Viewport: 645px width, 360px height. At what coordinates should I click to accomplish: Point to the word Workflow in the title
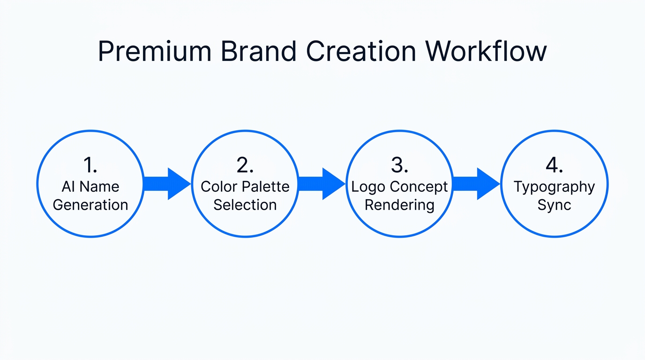485,51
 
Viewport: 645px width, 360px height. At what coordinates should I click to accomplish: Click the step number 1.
90,165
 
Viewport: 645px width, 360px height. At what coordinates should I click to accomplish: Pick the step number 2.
245,165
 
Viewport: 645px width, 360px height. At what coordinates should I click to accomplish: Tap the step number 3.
399,165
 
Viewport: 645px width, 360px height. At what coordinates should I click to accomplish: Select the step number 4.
554,165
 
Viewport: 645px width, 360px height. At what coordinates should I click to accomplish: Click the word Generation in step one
90,205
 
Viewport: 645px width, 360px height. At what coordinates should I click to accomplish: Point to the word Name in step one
99,187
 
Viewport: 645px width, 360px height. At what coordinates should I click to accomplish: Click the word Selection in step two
245,205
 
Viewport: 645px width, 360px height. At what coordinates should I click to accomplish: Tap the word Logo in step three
367,187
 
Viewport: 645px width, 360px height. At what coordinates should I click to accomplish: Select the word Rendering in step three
399,205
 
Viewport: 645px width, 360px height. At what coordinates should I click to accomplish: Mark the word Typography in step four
554,187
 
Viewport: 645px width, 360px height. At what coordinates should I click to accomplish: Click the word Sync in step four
554,205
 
